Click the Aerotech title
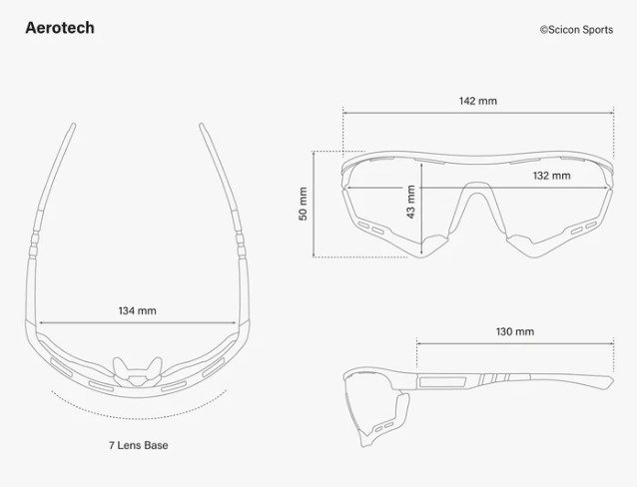(x=60, y=28)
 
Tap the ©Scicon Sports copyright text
(x=576, y=30)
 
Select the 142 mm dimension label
(x=478, y=101)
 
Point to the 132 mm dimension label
(x=551, y=176)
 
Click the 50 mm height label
(x=304, y=205)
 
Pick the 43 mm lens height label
(x=410, y=203)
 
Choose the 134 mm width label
(x=138, y=310)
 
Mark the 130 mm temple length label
(x=515, y=331)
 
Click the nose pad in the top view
(x=138, y=371)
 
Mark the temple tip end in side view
(x=608, y=380)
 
